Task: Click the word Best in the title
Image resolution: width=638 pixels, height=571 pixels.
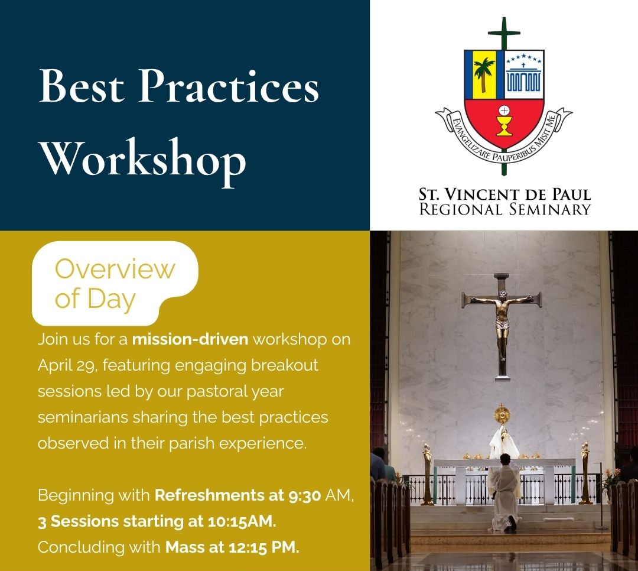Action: pos(82,86)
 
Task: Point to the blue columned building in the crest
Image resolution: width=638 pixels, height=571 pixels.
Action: pos(523,78)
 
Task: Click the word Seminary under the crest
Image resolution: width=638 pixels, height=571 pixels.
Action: pos(550,209)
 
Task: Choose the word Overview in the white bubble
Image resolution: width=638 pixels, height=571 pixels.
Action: pos(115,269)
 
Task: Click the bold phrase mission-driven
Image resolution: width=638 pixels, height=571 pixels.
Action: pos(190,339)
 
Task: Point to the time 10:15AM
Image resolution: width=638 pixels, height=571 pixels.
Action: pos(241,521)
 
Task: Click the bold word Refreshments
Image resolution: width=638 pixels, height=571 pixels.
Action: pos(210,495)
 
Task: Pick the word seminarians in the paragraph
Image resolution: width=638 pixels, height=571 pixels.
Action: pos(83,417)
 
